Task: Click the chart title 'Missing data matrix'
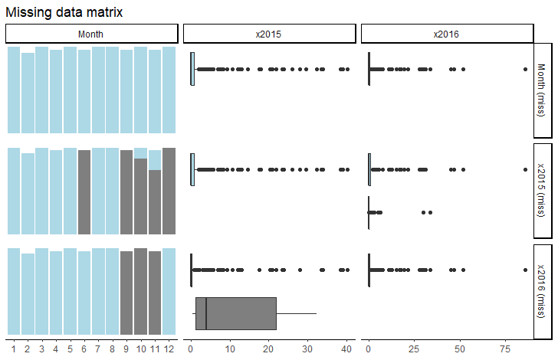[x=64, y=13]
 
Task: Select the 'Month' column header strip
[x=91, y=34]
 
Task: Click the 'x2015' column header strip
[x=269, y=34]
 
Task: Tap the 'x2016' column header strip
[x=447, y=34]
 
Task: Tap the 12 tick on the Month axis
[x=169, y=349]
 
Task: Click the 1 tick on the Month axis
[x=13, y=349]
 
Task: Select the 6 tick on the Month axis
[x=84, y=349]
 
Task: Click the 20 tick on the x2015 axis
[x=268, y=349]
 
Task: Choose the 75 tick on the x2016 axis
[x=506, y=349]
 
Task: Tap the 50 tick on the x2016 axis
[x=460, y=349]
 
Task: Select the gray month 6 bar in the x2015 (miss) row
[x=84, y=191]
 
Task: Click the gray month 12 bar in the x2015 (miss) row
[x=169, y=191]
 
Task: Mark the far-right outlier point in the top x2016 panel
[x=525, y=70]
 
